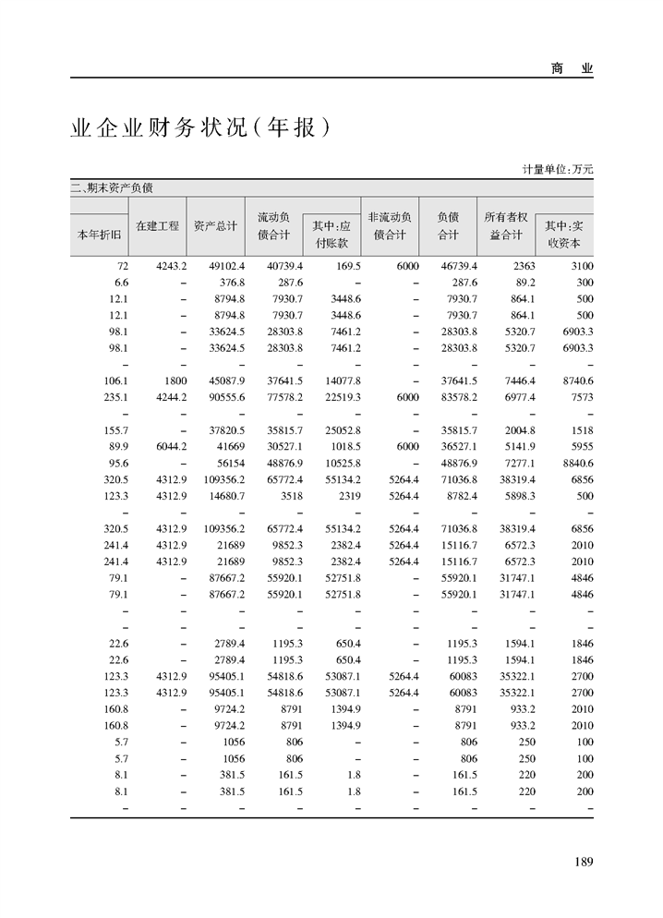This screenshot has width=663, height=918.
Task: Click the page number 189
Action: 583,862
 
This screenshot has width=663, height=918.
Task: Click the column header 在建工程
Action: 157,225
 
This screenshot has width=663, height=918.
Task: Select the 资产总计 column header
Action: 215,225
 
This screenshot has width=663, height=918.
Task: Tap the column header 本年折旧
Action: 99,235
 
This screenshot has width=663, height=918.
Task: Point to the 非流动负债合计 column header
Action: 390,226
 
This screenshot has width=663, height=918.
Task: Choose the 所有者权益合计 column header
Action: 505,226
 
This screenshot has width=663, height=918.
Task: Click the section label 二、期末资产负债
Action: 112,187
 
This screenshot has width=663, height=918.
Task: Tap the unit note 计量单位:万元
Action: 558,169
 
